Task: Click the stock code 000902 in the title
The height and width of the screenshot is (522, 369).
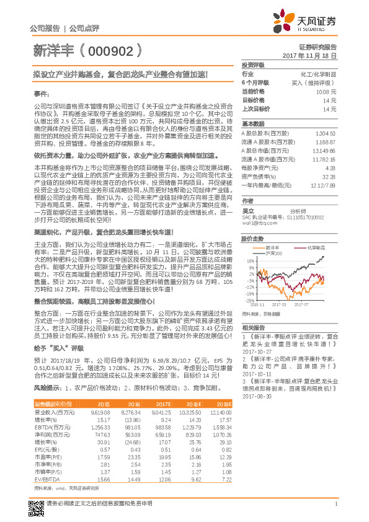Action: (x=112, y=50)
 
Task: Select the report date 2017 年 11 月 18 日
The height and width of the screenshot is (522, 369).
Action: (x=309, y=55)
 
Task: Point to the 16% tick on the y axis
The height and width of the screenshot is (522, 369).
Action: (x=248, y=261)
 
